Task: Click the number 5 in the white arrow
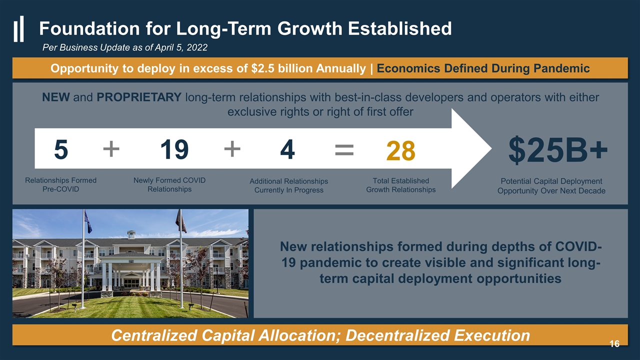click(x=61, y=149)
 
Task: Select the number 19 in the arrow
click(x=174, y=149)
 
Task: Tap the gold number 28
click(x=400, y=150)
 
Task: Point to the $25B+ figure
click(x=557, y=149)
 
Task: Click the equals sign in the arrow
click(x=344, y=149)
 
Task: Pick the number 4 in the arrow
click(x=287, y=149)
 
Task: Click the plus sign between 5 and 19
click(x=111, y=149)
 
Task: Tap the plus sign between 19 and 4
click(x=232, y=149)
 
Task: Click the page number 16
click(x=614, y=343)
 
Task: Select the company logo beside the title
click(x=18, y=28)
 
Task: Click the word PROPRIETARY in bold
click(x=139, y=97)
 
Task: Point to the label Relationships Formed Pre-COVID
click(x=60, y=185)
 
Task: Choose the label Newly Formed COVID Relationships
click(x=169, y=185)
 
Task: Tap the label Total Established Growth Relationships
click(x=401, y=185)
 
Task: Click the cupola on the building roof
click(x=131, y=234)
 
